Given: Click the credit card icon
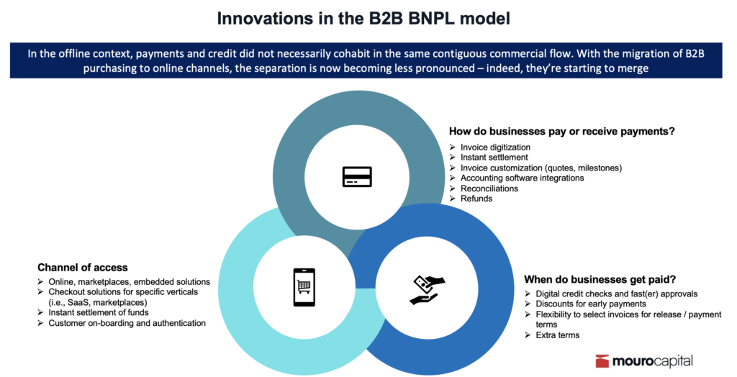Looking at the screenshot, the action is pos(357,177).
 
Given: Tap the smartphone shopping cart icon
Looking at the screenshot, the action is pos(304,287).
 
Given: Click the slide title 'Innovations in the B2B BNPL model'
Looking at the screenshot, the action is pos(363,18).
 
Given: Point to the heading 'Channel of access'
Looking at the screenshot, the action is pos(83,268).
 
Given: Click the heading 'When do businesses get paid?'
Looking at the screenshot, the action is pos(600,280).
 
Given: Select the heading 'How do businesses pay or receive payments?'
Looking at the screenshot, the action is pos(561,132).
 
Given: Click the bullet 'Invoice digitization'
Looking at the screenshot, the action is pos(495,147).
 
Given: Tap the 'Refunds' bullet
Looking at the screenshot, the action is pos(476,199).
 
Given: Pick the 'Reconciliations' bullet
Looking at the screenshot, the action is pos(489,188).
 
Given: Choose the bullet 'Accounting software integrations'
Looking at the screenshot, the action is pos(522,178).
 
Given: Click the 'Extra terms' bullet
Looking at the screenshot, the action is pos(558,335).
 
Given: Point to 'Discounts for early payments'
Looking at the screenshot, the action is pos(591,304).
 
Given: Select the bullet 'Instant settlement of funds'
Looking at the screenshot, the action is pos(98,312).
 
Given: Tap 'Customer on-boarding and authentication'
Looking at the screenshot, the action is pos(127,324).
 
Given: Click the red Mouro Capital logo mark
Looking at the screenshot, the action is pos(602,361).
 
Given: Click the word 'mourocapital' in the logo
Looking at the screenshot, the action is pos(652,361).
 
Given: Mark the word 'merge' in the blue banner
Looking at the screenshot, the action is pos(633,68).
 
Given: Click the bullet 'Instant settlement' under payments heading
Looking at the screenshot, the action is pos(494,158).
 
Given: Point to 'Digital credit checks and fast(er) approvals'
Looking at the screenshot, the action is pos(617,294).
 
